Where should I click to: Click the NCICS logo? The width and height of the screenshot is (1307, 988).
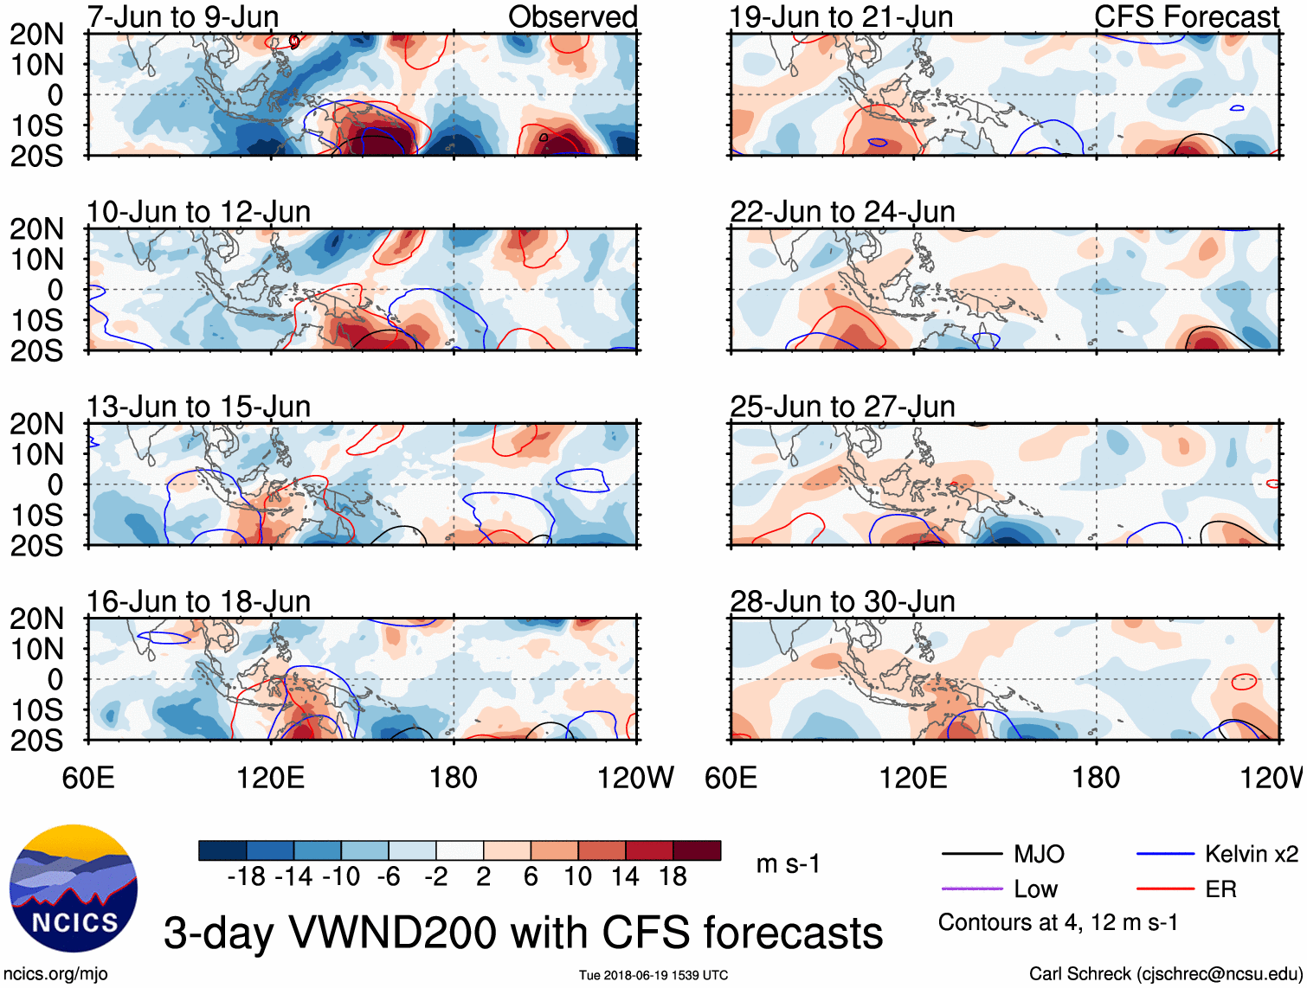click(73, 889)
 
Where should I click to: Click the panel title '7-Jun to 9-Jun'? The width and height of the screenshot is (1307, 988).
click(183, 16)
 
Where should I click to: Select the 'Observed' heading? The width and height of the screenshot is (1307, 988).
click(572, 16)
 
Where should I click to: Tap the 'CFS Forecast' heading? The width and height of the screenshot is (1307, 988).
click(1186, 16)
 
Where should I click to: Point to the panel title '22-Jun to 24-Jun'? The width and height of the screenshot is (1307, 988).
click(842, 212)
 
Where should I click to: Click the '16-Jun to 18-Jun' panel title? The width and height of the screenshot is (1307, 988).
click(198, 601)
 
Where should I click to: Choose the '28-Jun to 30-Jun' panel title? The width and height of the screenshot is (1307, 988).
click(842, 601)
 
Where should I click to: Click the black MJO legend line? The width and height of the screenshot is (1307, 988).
click(971, 855)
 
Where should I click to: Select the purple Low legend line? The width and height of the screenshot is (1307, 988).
click(971, 889)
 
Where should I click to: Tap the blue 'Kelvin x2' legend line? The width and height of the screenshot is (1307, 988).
click(1165, 855)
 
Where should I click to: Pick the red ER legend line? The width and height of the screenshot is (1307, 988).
click(1165, 889)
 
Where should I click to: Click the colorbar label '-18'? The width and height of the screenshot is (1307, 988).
click(247, 877)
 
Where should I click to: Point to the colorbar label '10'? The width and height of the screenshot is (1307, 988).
click(577, 877)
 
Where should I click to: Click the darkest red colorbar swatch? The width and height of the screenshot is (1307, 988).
click(697, 850)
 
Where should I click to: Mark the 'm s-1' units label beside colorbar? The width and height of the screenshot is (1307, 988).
click(788, 864)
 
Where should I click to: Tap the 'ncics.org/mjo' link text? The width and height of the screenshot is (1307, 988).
click(55, 974)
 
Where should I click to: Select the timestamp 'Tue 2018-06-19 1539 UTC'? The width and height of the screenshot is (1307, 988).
click(653, 975)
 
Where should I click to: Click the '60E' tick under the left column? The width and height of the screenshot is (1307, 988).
click(88, 778)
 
